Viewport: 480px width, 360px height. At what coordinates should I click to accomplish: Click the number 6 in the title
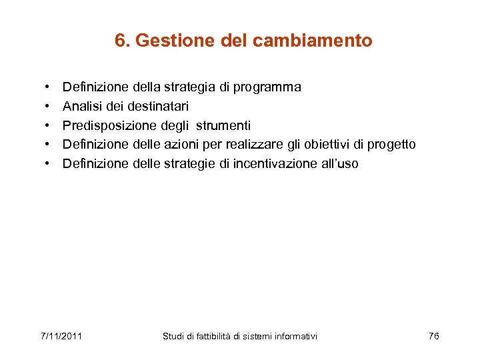pyautogui.click(x=119, y=41)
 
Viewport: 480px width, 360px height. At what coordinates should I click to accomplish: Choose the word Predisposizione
pyautogui.click(x=110, y=125)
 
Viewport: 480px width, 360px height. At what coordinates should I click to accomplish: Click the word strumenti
pyautogui.click(x=223, y=125)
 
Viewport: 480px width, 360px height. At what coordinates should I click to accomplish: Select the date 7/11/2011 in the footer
pyautogui.click(x=61, y=336)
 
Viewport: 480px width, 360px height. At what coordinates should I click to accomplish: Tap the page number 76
pyautogui.click(x=434, y=336)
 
